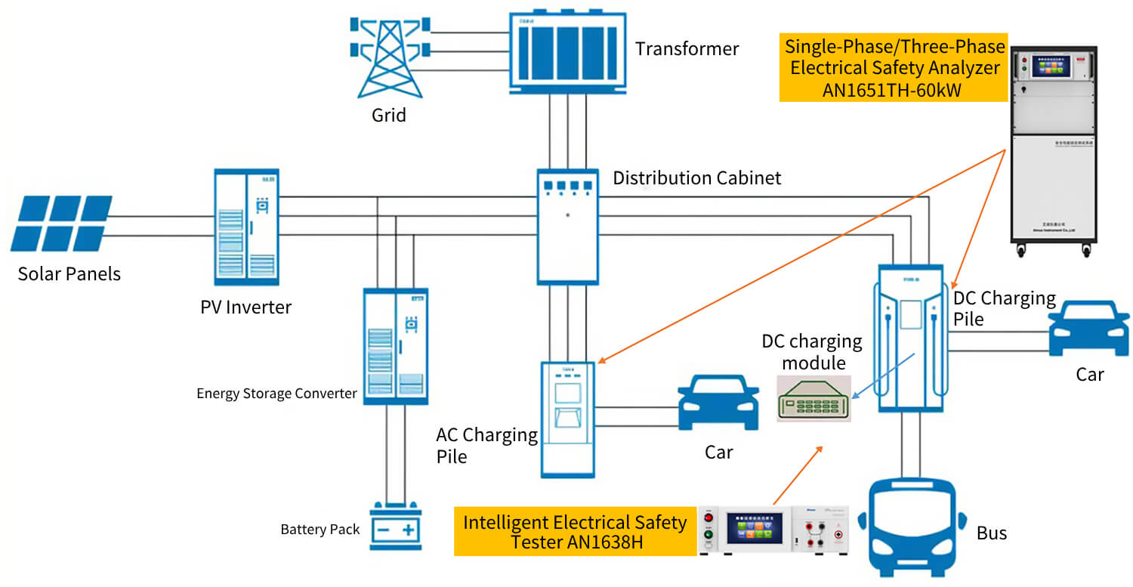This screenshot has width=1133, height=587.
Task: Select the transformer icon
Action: tap(568, 51)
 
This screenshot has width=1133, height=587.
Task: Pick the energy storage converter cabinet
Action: tap(395, 346)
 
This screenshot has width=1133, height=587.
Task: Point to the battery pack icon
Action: tap(396, 527)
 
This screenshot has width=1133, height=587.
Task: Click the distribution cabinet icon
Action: tap(567, 227)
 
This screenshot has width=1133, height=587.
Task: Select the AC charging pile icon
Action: tap(567, 419)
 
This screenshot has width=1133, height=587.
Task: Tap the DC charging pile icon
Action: tap(911, 338)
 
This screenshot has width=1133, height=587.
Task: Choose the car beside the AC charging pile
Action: tap(718, 403)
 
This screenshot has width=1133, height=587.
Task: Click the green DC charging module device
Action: tap(813, 398)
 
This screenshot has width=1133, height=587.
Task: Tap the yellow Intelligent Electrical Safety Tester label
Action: tap(575, 531)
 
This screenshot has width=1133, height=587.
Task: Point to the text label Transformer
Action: tap(687, 49)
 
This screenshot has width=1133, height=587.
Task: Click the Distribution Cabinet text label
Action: tap(696, 178)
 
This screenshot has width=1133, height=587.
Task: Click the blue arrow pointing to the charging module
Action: tap(884, 375)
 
